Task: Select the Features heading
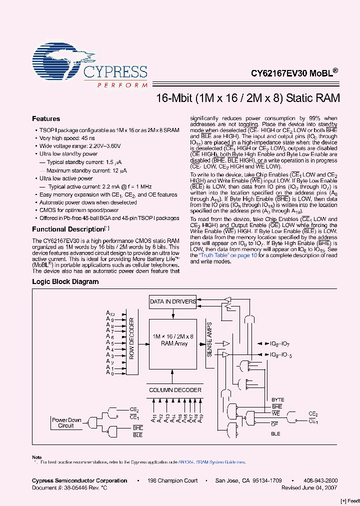(46, 119)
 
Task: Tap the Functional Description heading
(67, 229)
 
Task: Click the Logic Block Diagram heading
(65, 281)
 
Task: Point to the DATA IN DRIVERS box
(172, 301)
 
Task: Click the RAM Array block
(173, 340)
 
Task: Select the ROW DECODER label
(132, 338)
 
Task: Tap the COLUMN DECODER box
(175, 390)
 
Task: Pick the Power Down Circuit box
(66, 423)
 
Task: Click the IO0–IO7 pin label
(279, 344)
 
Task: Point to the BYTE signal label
(277, 400)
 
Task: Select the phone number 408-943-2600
(320, 480)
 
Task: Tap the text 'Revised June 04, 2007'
(309, 487)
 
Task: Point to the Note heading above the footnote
(37, 457)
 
